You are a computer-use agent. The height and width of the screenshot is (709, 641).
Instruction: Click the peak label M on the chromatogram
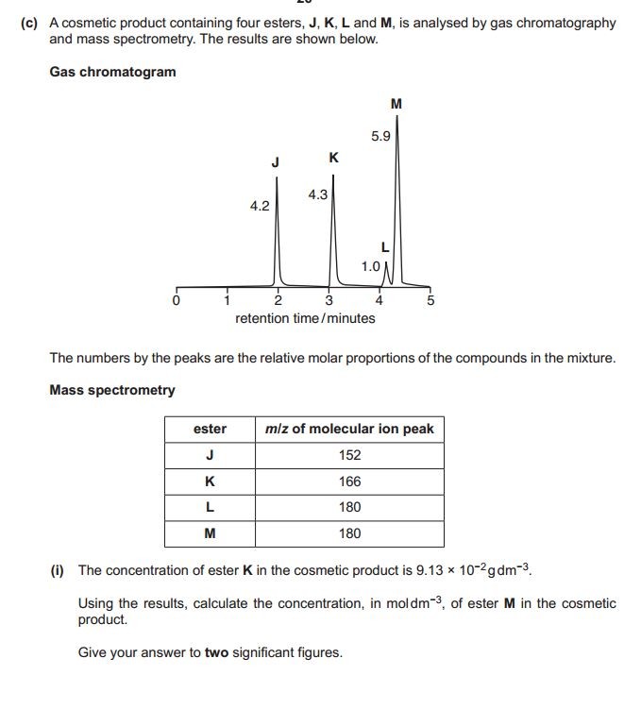tap(396, 104)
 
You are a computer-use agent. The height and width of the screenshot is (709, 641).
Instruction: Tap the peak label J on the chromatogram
tap(275, 162)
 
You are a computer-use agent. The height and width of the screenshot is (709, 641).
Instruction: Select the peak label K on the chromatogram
tap(333, 158)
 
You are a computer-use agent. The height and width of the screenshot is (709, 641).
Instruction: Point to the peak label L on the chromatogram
tap(385, 247)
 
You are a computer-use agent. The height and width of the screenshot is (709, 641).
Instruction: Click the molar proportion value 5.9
tap(380, 136)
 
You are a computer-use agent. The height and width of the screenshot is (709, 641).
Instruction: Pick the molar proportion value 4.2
tap(260, 205)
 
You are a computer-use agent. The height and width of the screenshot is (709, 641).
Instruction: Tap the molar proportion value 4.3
tap(317, 194)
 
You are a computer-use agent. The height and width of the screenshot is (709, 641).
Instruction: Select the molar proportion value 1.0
tap(371, 266)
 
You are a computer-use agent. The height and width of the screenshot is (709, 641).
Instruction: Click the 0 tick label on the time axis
tap(176, 301)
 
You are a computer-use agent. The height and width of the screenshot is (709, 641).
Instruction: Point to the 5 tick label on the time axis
tap(430, 301)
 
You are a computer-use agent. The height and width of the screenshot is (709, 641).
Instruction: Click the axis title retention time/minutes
tap(305, 318)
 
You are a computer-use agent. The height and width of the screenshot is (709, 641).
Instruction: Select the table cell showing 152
tap(349, 455)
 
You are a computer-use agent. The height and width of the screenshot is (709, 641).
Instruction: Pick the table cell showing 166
tap(349, 481)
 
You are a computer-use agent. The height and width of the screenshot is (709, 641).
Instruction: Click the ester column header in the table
tap(210, 429)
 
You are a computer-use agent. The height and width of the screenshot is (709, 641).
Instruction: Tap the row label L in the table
tap(210, 507)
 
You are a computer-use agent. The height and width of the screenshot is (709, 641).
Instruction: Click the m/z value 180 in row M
tap(349, 533)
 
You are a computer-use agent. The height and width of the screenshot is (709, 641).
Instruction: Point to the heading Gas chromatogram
tap(112, 72)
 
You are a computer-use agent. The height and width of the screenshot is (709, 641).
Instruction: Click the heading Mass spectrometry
tap(111, 390)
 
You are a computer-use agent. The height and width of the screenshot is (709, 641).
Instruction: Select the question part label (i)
tap(59, 570)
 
